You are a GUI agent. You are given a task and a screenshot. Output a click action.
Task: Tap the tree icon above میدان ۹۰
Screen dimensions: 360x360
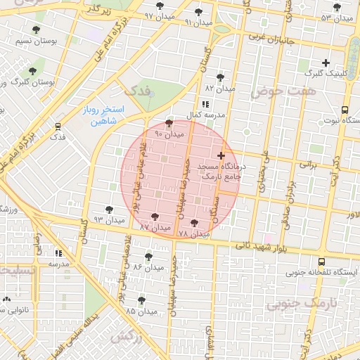pos(168,124)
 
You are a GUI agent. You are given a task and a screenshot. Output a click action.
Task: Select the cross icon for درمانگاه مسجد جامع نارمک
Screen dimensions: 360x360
pos(221,155)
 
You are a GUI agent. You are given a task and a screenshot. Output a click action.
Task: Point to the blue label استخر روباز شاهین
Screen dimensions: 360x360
pos(98,116)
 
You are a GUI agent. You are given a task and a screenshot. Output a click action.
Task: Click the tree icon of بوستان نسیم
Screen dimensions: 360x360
pos(36,30)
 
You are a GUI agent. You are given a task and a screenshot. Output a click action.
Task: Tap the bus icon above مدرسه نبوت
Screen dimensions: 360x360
pos(345,110)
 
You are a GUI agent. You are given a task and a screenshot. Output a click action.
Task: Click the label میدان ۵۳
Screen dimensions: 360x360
pos(336,18)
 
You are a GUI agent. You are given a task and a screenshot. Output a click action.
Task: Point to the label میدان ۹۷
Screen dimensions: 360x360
pos(160,15)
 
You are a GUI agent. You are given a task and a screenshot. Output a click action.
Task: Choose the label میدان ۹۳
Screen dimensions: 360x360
pos(109,219)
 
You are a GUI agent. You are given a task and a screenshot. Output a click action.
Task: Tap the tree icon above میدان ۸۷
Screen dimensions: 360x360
pos(155,217)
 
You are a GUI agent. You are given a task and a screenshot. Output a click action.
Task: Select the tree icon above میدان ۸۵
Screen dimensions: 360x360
pos(141,300)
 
